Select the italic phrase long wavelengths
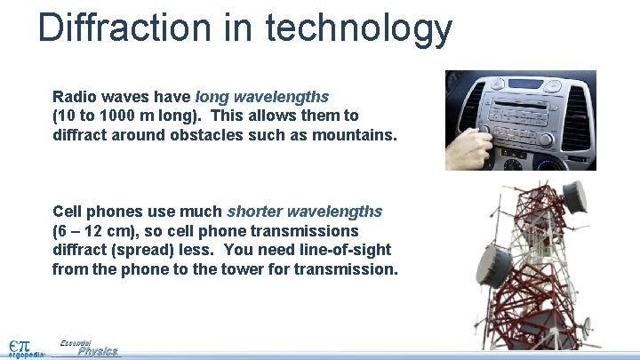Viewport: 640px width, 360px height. click(x=262, y=96)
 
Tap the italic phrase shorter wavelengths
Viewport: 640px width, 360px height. click(x=304, y=212)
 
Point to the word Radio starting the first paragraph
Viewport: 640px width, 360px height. click(x=75, y=96)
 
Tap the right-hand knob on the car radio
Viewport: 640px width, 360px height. click(x=545, y=141)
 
